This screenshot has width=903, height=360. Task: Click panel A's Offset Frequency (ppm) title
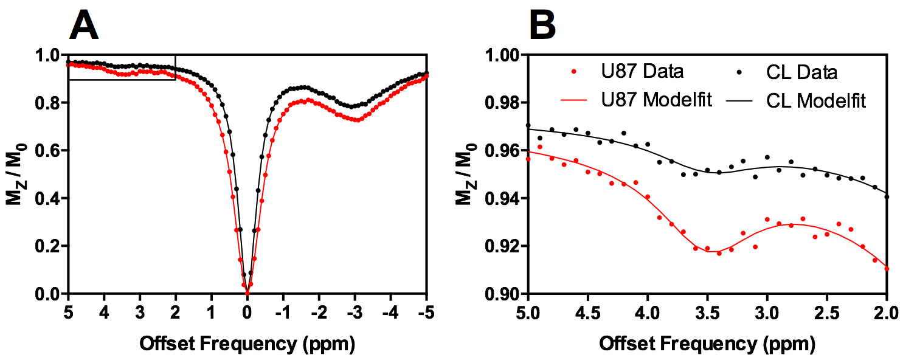click(x=247, y=344)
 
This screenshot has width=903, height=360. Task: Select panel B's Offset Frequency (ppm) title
click(x=707, y=344)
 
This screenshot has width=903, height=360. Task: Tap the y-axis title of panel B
click(x=469, y=175)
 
